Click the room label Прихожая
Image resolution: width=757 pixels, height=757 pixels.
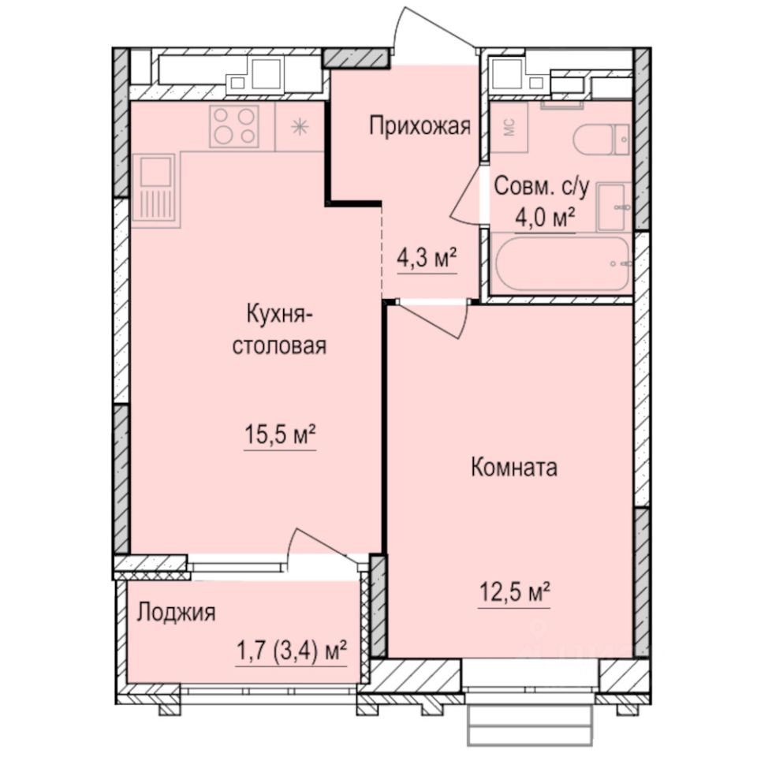point(420,125)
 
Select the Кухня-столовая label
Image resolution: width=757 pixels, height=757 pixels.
point(279,331)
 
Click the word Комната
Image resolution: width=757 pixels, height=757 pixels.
point(513,468)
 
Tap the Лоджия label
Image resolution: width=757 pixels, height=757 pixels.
point(176,613)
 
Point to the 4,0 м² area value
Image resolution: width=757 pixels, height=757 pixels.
point(543,217)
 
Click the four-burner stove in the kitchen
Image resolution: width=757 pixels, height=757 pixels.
point(235,125)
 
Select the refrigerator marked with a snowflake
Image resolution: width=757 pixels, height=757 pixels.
point(300,126)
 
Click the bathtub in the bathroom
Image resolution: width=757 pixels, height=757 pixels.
point(561,263)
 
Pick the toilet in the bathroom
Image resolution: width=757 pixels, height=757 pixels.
point(601,140)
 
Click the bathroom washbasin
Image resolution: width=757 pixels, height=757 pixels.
point(614,207)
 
